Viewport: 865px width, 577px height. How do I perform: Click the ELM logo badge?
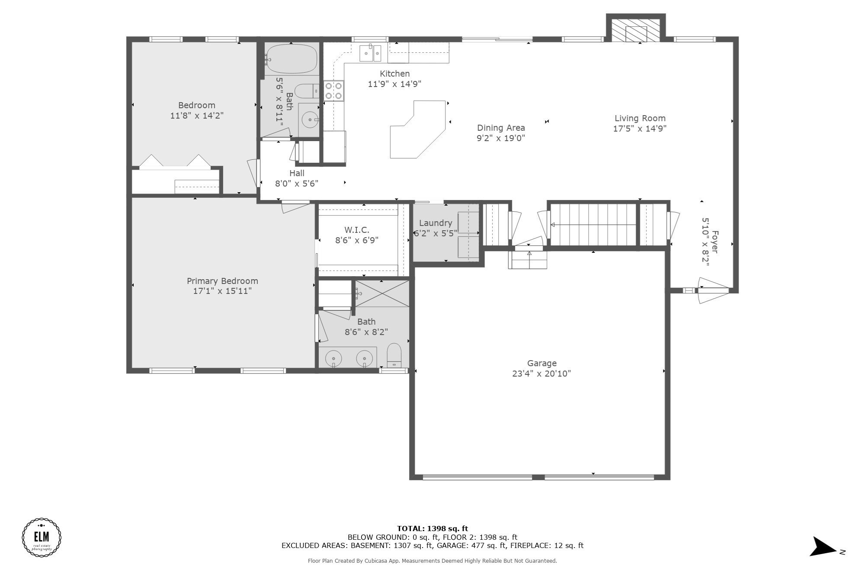tap(42, 537)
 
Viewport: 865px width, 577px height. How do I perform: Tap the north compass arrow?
tap(823, 547)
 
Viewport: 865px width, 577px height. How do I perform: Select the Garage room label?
tap(541, 364)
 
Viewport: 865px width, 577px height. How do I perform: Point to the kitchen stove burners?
tap(333, 91)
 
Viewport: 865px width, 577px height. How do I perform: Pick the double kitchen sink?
tap(371, 53)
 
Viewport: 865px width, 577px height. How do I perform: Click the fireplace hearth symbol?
tap(636, 29)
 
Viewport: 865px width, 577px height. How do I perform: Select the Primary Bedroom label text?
tap(222, 281)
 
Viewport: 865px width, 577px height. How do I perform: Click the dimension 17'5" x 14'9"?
tap(640, 129)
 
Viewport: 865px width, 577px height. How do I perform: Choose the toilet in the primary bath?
tap(394, 355)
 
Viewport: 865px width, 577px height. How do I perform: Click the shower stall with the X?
tap(382, 293)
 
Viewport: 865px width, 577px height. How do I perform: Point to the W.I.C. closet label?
tap(357, 230)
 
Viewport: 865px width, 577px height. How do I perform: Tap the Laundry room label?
tap(436, 223)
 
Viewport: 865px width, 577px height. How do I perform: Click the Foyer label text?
tap(714, 242)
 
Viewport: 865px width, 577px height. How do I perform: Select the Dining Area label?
tap(501, 128)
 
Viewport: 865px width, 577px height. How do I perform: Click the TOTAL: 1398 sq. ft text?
tap(432, 529)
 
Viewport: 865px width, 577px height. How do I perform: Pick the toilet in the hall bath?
tap(307, 91)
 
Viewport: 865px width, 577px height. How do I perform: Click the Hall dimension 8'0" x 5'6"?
tap(297, 184)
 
